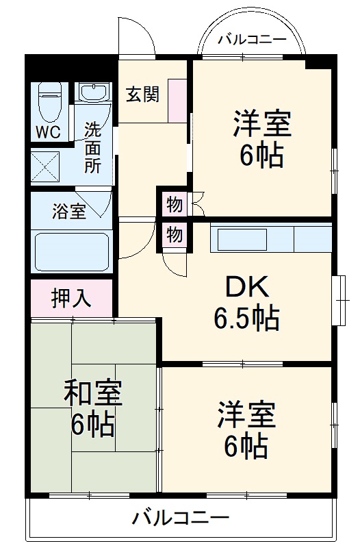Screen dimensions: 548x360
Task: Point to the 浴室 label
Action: pyautogui.click(x=68, y=212)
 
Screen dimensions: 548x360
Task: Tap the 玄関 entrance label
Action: pyautogui.click(x=142, y=94)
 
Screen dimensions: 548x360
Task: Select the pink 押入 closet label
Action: pyautogui.click(x=70, y=298)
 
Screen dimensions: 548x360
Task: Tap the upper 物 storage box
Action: pyautogui.click(x=174, y=203)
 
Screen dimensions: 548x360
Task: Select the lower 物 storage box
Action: pyautogui.click(x=174, y=235)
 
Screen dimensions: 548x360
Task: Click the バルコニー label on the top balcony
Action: pyautogui.click(x=252, y=39)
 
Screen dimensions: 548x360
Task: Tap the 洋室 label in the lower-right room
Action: pyautogui.click(x=246, y=415)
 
